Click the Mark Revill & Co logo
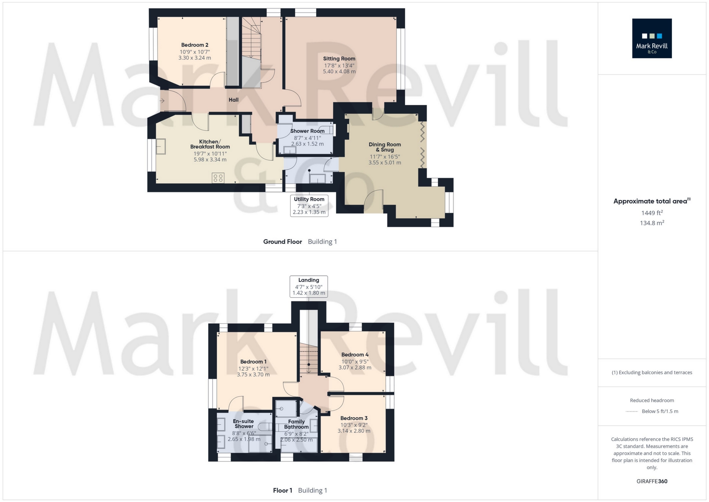[652, 38]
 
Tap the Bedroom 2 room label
[195, 45]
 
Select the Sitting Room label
[339, 59]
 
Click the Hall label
[234, 100]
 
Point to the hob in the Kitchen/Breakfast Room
[218, 178]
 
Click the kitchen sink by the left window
[161, 146]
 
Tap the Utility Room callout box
[309, 206]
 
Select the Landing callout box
[308, 287]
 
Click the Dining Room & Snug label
[384, 147]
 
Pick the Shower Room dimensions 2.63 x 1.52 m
[307, 144]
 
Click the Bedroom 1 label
[253, 362]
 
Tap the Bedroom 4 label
[355, 355]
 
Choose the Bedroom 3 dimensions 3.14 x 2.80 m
[354, 431]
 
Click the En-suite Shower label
[244, 424]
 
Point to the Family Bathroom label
[296, 424]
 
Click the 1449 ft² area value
[652, 213]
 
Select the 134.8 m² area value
[652, 223]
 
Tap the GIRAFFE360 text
[652, 481]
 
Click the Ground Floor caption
[283, 242]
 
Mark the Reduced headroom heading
[652, 400]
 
